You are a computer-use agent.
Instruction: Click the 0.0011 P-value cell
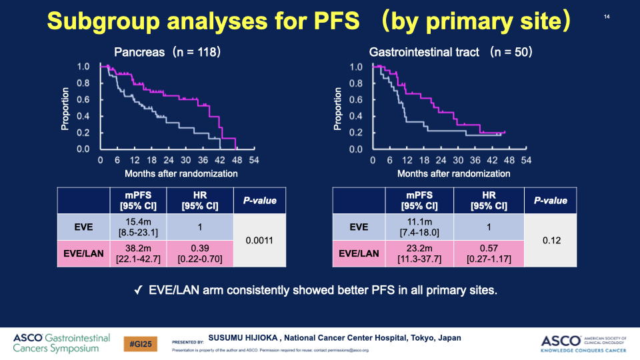pyautogui.click(x=259, y=240)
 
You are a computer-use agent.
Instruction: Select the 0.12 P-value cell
pyautogui.click(x=550, y=240)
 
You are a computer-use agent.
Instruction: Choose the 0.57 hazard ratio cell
pyautogui.click(x=489, y=254)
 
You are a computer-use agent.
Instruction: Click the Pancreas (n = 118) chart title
pyautogui.click(x=167, y=52)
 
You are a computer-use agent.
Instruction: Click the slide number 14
pyautogui.click(x=607, y=17)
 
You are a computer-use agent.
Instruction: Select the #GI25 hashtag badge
pyautogui.click(x=140, y=343)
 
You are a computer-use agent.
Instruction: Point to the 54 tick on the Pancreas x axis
pyautogui.click(x=254, y=161)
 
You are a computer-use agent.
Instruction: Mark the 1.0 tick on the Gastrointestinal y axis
pyautogui.click(x=356, y=67)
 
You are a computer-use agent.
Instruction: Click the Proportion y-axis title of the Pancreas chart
pyautogui.click(x=67, y=107)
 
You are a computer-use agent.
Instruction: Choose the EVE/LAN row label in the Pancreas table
pyautogui.click(x=83, y=254)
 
